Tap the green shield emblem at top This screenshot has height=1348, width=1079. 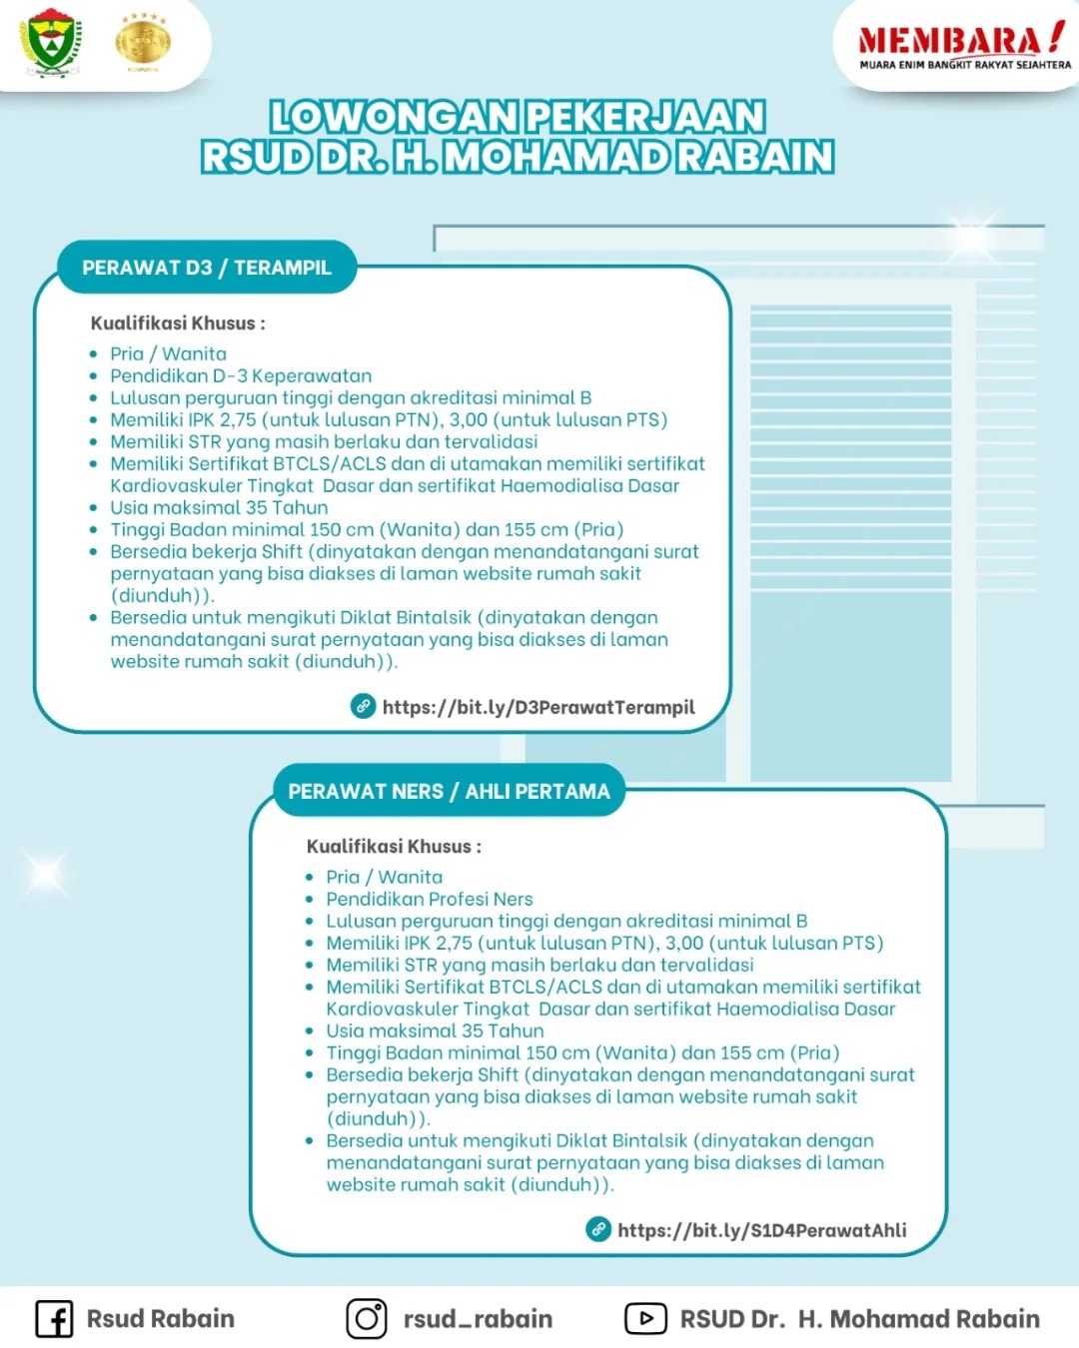[x=51, y=42]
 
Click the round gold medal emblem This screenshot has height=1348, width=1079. [x=143, y=42]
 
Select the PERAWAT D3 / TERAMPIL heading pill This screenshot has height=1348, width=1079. [x=207, y=268]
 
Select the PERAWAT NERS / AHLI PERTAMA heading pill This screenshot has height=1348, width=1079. [x=449, y=792]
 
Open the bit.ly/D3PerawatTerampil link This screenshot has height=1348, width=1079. [x=539, y=707]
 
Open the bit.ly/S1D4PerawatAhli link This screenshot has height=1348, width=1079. [x=761, y=1230]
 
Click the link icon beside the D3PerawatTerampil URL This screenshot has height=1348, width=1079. [x=363, y=706]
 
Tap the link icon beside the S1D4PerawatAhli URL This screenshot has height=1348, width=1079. [x=597, y=1229]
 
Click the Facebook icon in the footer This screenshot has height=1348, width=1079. [x=54, y=1319]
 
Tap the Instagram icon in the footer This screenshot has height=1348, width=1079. [x=367, y=1319]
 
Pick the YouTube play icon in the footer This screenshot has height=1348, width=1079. [x=645, y=1319]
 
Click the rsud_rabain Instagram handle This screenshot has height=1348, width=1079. [x=478, y=1319]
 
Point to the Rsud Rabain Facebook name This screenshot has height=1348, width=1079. [x=160, y=1319]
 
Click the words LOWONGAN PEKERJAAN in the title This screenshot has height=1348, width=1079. [x=518, y=117]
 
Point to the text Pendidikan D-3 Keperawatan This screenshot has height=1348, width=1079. [x=241, y=375]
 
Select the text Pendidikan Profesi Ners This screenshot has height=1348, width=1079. [x=430, y=899]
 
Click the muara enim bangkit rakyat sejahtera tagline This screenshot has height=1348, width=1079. [x=965, y=65]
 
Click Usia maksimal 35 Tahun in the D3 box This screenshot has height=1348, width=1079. [x=219, y=507]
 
